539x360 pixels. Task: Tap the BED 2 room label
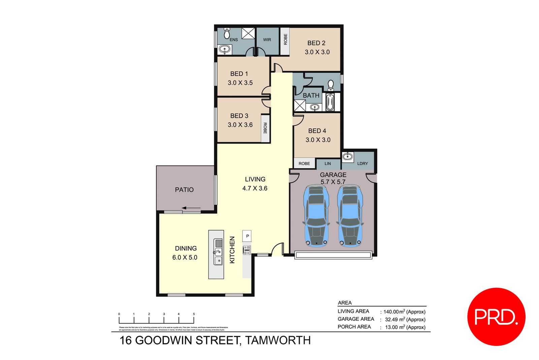pos(316,43)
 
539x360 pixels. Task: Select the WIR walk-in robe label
pos(267,40)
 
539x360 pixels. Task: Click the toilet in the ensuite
pos(227,33)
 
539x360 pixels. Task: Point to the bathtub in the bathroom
pos(330,102)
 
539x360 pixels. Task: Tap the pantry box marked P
pos(247,236)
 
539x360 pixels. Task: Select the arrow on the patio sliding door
pos(191,208)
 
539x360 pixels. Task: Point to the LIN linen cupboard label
pos(328,163)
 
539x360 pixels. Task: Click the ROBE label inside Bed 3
pos(265,128)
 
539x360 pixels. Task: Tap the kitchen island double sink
pos(218,253)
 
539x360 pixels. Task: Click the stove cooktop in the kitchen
pos(247,250)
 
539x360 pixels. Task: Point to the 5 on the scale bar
pos(194,314)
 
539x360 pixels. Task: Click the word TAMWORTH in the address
pos(278,340)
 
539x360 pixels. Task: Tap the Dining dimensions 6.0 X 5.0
pos(185,258)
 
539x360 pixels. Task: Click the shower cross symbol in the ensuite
pos(248,33)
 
